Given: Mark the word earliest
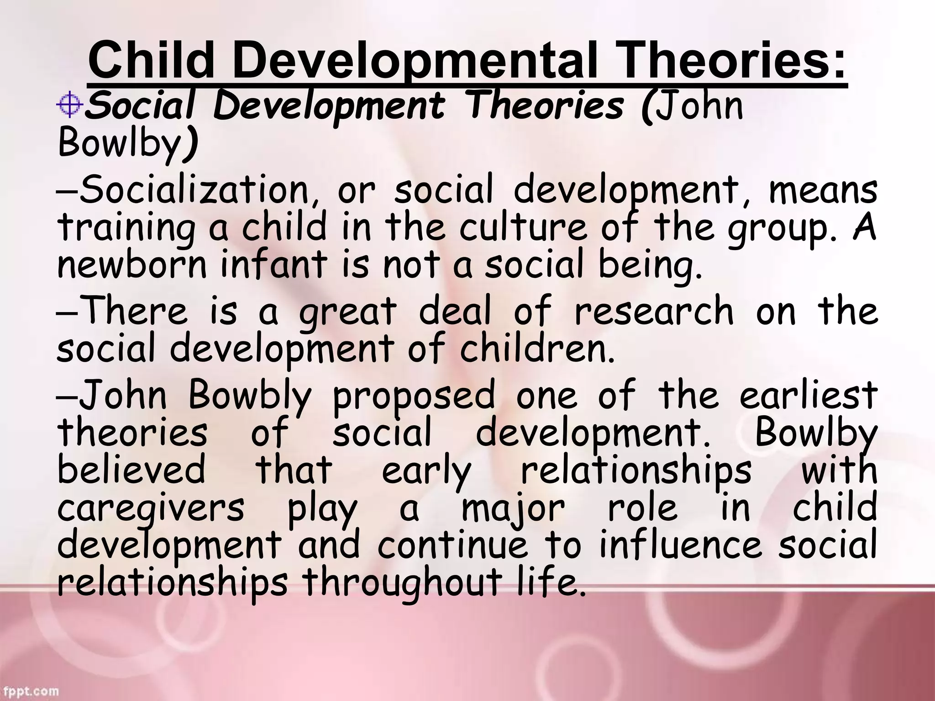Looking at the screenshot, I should pyautogui.click(x=808, y=395).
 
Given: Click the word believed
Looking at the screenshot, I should pyautogui.click(x=131, y=471).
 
